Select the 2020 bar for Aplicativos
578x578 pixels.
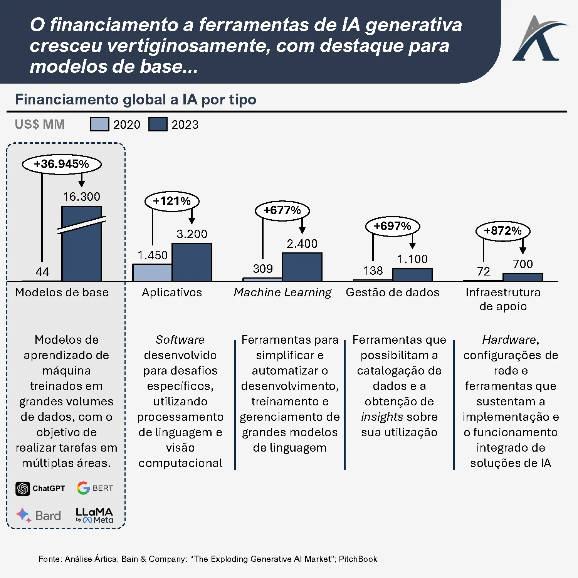152,272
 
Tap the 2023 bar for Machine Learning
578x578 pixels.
302,267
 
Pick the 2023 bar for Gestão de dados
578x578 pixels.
412,275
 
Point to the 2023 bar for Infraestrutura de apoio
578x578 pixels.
523,277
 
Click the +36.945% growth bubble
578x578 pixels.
62,164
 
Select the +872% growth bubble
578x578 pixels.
503,231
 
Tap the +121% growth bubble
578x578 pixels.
172,201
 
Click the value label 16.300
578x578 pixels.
82,197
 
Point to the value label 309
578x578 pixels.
263,269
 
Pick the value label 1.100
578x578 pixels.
412,259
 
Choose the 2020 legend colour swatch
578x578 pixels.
99,124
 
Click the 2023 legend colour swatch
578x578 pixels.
158,124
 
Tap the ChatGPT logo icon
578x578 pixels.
23,488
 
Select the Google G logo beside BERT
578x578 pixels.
83,488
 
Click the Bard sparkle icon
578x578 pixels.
24,515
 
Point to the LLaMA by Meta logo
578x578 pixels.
94,515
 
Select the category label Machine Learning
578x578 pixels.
282,292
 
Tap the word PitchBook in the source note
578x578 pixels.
358,559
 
